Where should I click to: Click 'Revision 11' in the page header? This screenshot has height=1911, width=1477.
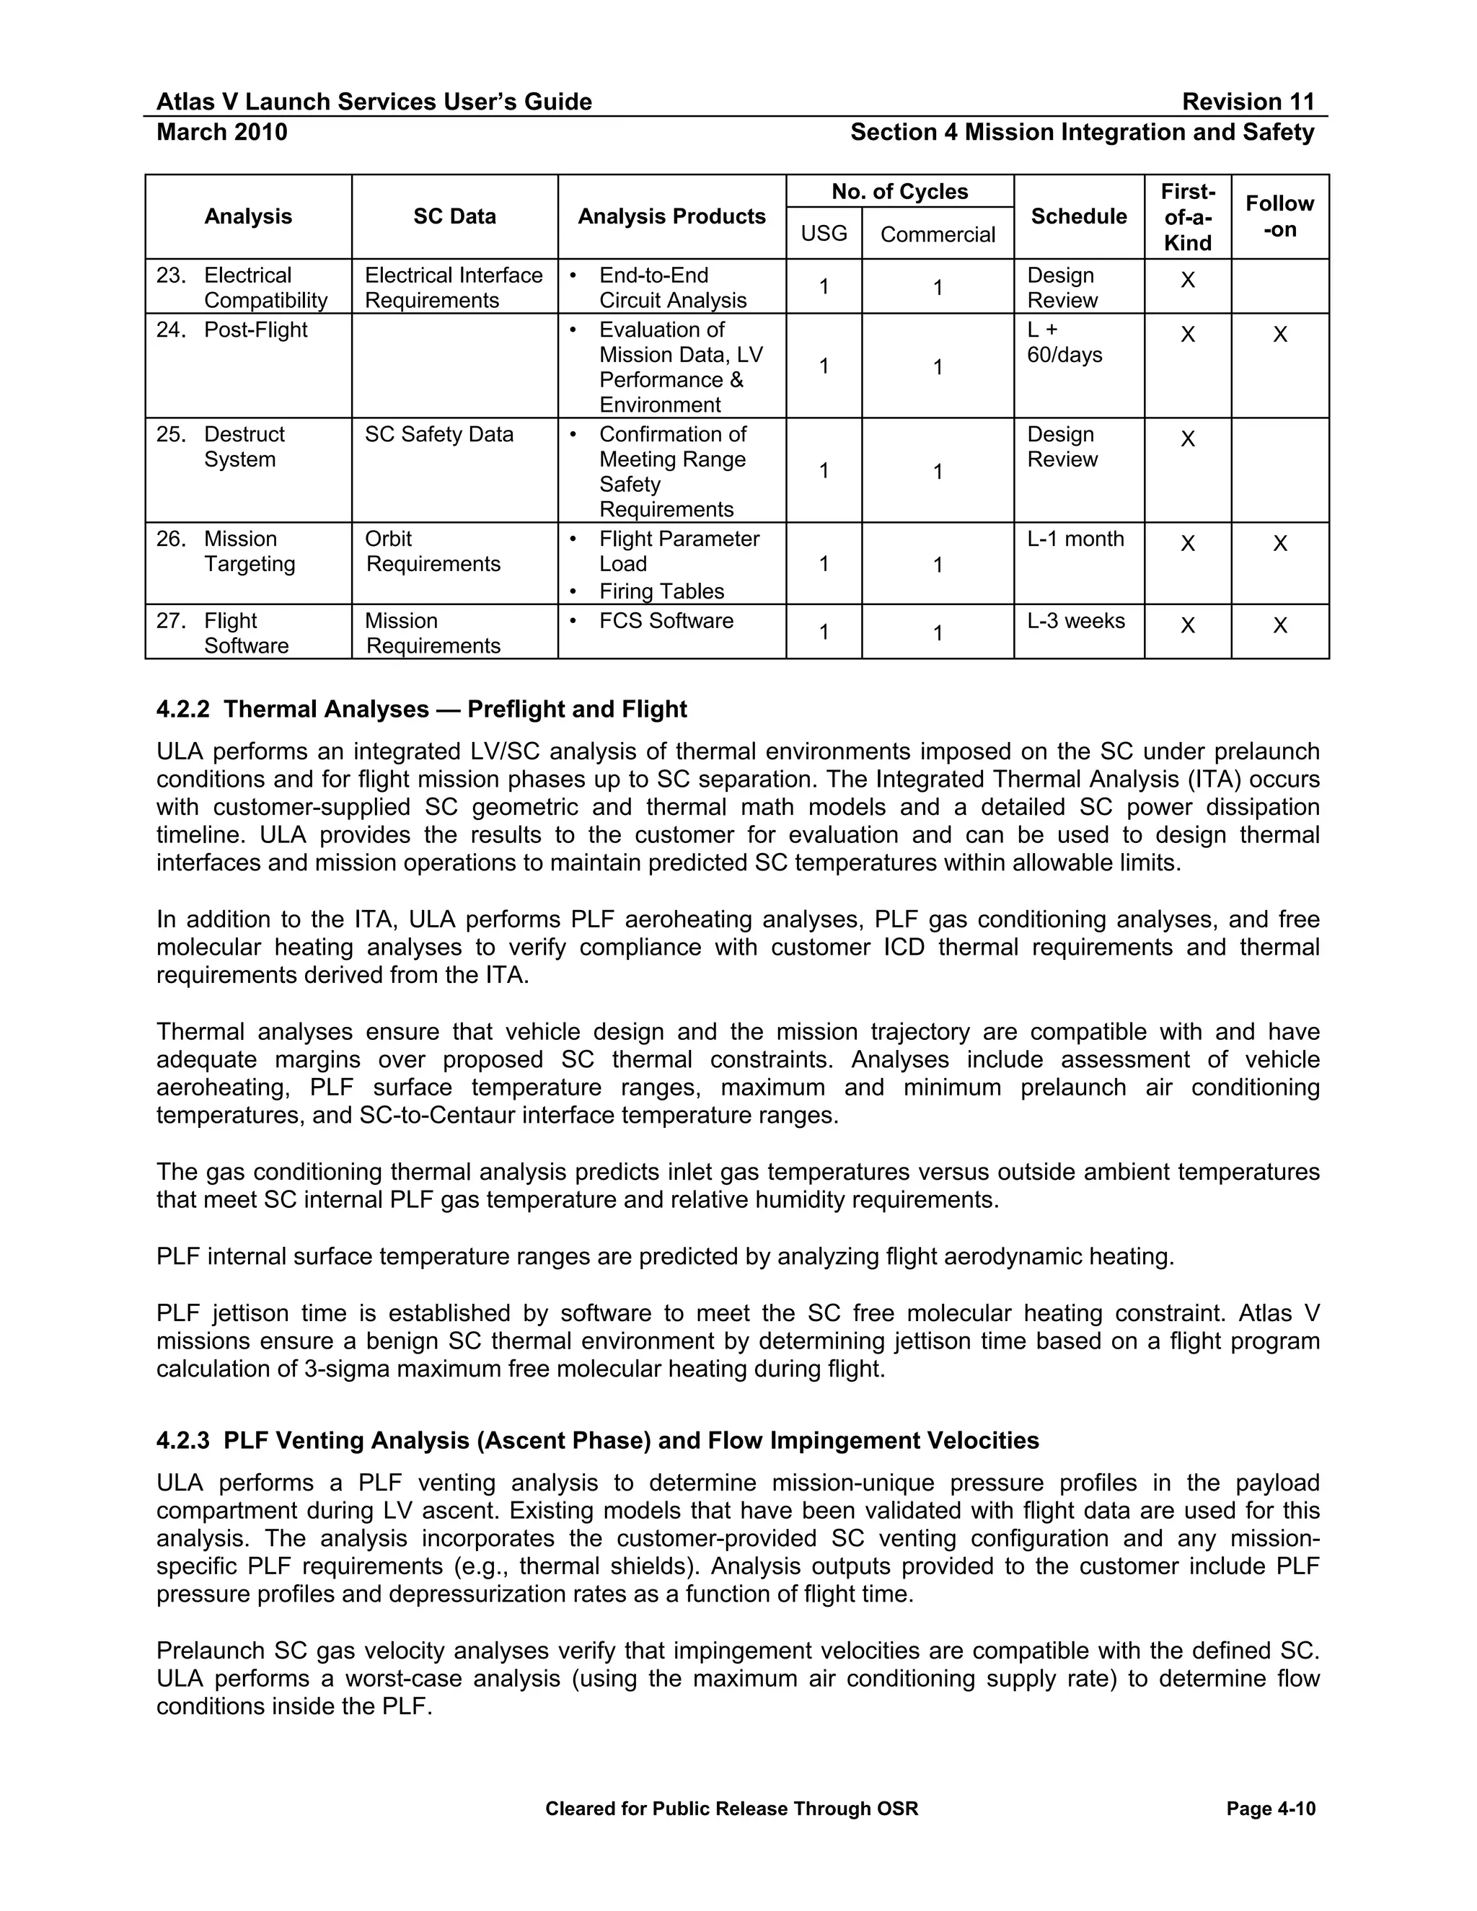pyautogui.click(x=1248, y=102)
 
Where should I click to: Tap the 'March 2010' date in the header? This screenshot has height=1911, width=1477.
pyautogui.click(x=221, y=132)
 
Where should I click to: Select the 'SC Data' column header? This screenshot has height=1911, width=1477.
pyautogui.click(x=454, y=216)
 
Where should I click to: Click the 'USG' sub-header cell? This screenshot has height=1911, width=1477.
pyautogui.click(x=824, y=234)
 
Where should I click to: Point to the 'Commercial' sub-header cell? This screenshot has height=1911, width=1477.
pyautogui.click(x=937, y=234)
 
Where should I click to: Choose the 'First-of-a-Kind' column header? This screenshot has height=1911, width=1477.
pyautogui.click(x=1187, y=217)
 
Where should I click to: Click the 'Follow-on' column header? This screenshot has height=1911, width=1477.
pyautogui.click(x=1279, y=216)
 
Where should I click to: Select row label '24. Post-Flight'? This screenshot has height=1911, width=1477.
pyautogui.click(x=233, y=330)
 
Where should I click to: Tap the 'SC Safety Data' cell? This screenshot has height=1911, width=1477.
pyautogui.click(x=438, y=434)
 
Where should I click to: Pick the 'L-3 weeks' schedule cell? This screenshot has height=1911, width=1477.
pyautogui.click(x=1075, y=620)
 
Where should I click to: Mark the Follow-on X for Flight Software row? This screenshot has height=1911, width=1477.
pyautogui.click(x=1279, y=626)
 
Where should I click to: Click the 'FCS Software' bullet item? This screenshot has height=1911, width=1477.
pyautogui.click(x=666, y=620)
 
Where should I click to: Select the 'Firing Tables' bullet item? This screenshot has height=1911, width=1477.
pyautogui.click(x=661, y=591)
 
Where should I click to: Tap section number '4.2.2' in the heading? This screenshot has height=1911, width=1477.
pyautogui.click(x=183, y=709)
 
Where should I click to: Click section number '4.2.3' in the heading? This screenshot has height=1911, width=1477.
pyautogui.click(x=183, y=1440)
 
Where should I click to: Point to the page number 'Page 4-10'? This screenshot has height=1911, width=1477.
pyautogui.click(x=1271, y=1809)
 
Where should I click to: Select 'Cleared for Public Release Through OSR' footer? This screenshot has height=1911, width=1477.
pyautogui.click(x=731, y=1809)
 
